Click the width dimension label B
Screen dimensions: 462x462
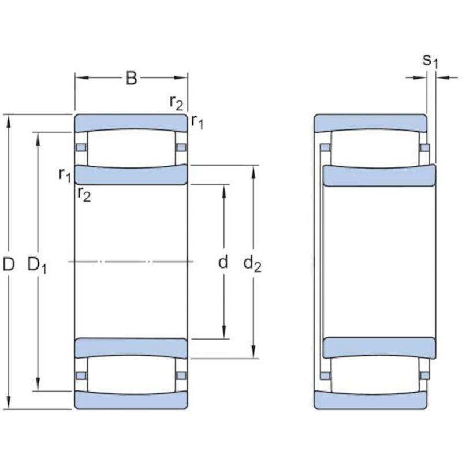(x=132, y=78)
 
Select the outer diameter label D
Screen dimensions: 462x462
(x=9, y=264)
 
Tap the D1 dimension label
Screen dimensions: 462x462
(x=37, y=265)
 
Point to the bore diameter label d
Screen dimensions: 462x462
(x=223, y=262)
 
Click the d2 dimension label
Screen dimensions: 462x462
(x=252, y=263)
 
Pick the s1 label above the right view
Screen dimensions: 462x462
(x=430, y=61)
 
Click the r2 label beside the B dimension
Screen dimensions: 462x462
(x=176, y=103)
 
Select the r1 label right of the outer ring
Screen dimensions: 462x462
(x=197, y=121)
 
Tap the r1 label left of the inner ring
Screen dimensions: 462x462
(x=65, y=175)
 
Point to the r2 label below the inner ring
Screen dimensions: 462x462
(x=84, y=195)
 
